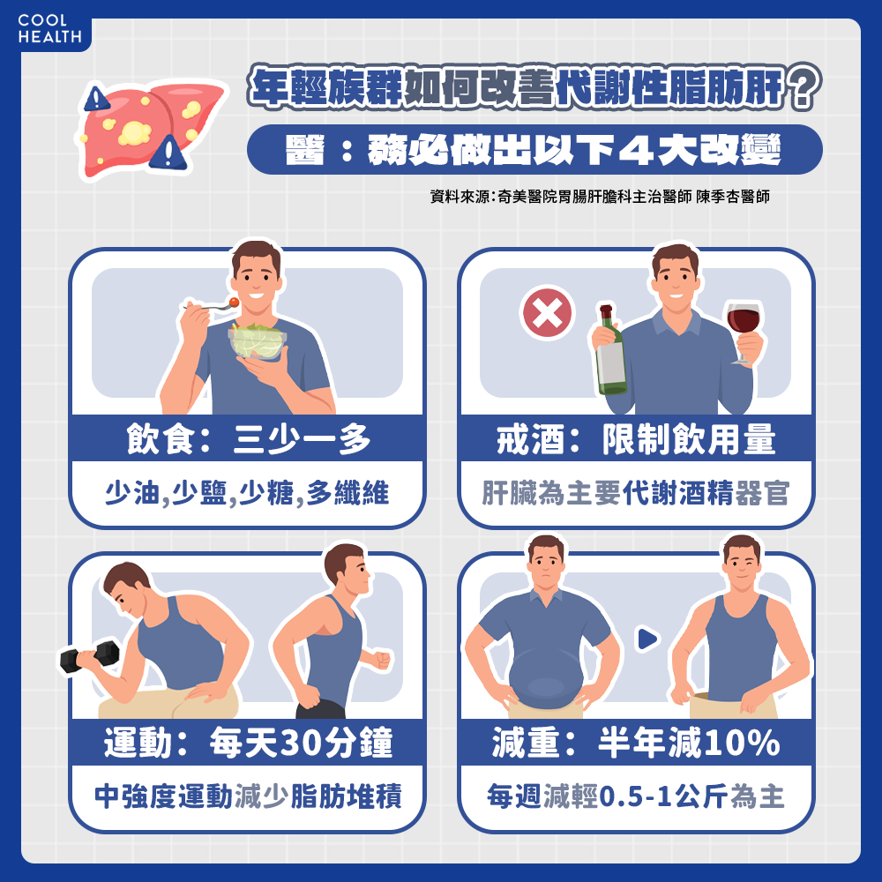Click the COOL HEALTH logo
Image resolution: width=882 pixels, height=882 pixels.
tap(49, 29)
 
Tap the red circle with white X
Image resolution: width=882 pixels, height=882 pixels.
tap(548, 313)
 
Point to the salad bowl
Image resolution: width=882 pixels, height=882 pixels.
tap(257, 340)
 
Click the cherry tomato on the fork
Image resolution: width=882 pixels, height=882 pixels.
tap(234, 303)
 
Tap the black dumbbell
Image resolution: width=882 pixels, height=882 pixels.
tap(90, 656)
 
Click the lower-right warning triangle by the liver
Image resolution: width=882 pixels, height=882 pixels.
tap(168, 153)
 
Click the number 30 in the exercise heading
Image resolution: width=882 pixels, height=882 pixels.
tap(296, 743)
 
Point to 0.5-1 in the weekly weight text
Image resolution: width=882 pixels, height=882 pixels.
tap(637, 796)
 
